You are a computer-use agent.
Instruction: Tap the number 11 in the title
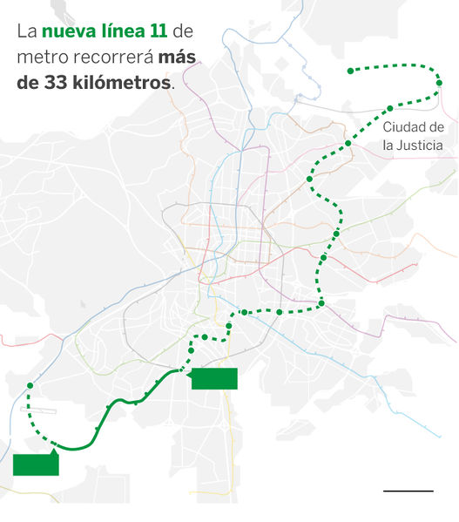(x=158, y=33)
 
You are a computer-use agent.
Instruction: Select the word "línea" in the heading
(x=122, y=33)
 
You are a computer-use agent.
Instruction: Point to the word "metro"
(x=38, y=58)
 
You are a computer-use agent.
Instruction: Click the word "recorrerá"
(x=109, y=58)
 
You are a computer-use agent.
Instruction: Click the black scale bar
(x=408, y=491)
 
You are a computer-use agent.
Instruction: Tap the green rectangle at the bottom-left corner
(x=36, y=464)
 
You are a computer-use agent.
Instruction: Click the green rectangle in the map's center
(x=213, y=378)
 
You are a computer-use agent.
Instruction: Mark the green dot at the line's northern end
(x=350, y=71)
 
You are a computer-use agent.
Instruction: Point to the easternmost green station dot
(x=439, y=85)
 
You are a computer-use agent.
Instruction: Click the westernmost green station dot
(x=30, y=385)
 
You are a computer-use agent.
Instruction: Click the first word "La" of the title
(x=26, y=33)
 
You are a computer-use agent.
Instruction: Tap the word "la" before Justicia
(x=388, y=146)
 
